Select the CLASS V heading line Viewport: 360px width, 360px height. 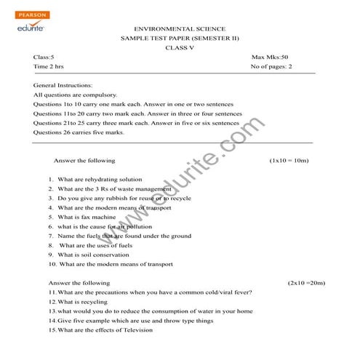180,47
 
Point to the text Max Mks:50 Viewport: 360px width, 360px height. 270,57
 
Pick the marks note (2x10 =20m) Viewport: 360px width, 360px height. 306,282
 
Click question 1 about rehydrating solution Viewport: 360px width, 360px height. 96,179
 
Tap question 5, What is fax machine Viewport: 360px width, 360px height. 82,217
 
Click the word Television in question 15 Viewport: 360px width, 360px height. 137,329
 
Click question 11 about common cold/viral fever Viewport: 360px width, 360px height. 151,292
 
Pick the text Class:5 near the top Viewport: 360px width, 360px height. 44,57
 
